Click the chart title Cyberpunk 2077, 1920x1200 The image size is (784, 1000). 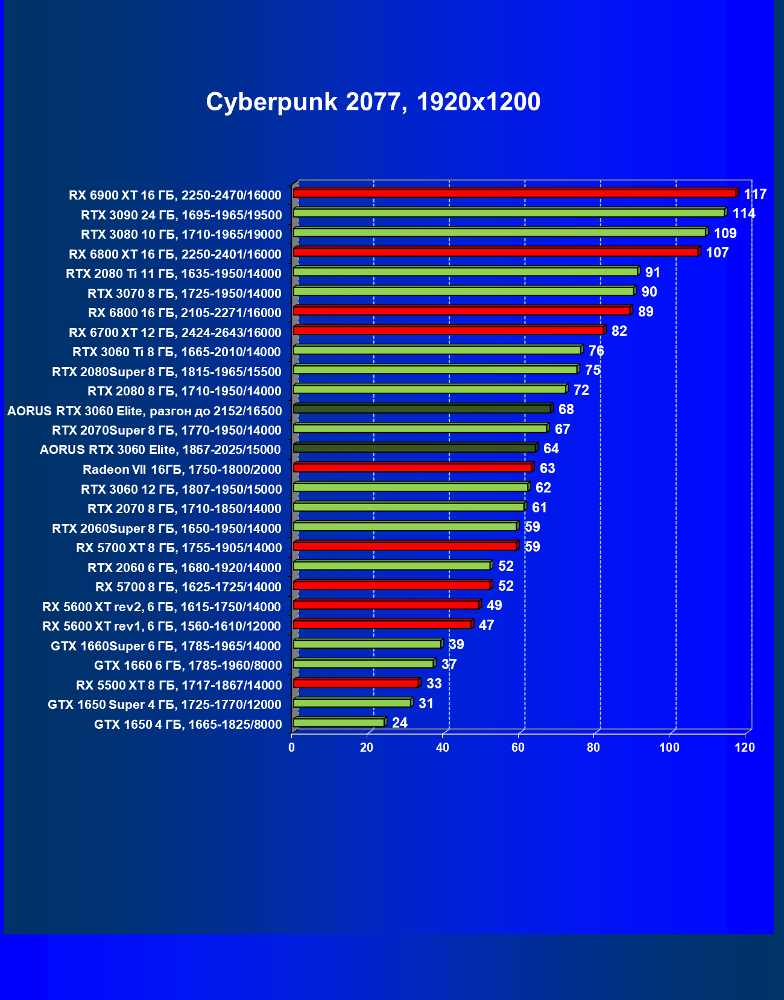[373, 102]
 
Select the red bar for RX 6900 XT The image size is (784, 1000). [514, 193]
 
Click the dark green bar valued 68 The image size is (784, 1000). [422, 409]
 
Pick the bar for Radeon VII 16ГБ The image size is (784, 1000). [413, 468]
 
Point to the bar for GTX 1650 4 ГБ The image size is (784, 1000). [339, 722]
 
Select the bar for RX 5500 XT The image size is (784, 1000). [356, 683]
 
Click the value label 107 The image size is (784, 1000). [717, 253]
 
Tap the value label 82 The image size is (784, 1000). [619, 331]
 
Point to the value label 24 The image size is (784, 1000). [399, 723]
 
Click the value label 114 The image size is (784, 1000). [744, 213]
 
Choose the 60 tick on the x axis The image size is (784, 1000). [518, 747]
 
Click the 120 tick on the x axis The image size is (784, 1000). [745, 747]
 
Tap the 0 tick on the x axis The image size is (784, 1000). [292, 747]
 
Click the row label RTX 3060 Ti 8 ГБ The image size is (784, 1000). [176, 352]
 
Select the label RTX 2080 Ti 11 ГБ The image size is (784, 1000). [173, 274]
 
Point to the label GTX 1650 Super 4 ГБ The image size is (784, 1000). [164, 705]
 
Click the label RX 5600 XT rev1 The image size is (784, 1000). [161, 626]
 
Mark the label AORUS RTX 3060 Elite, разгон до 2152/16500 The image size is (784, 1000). [144, 411]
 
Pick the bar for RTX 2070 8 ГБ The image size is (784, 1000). [409, 507]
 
